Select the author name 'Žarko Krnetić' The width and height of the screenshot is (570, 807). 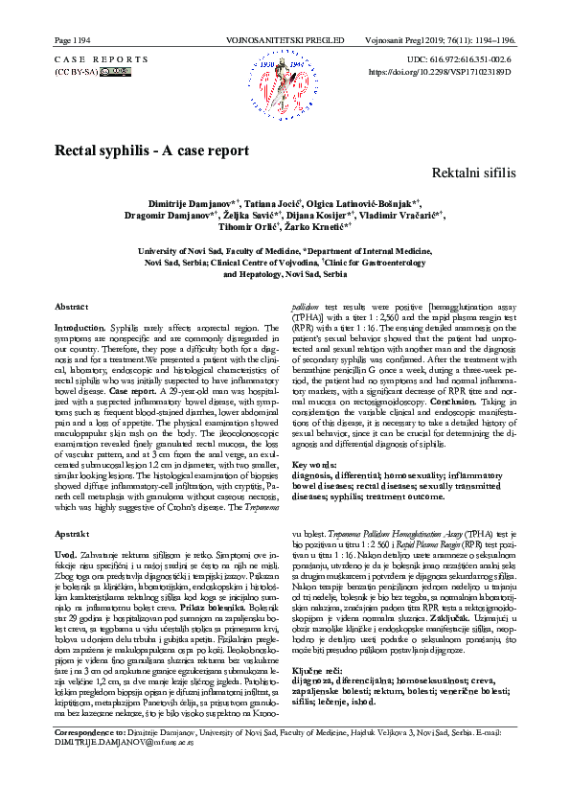pyautogui.click(x=323, y=227)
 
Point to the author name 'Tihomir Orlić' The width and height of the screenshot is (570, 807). pyautogui.click(x=248, y=227)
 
